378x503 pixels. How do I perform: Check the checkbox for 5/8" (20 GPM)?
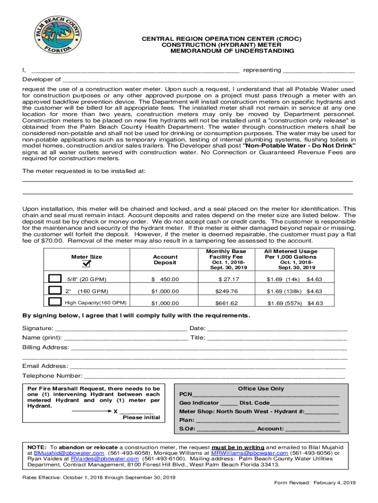tap(55, 279)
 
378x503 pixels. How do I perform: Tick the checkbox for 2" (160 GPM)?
tap(55, 290)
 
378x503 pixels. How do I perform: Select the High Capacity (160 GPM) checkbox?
tap(55, 302)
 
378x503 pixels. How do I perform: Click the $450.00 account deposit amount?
tap(165, 279)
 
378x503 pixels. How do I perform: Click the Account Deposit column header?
tap(165, 260)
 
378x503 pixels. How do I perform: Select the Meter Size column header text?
tap(86, 257)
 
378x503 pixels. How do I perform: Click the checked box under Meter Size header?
tap(86, 265)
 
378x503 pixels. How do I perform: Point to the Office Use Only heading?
tap(261, 389)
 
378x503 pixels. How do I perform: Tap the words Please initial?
tap(141, 418)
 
